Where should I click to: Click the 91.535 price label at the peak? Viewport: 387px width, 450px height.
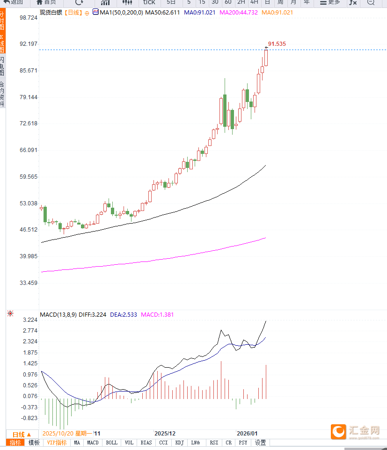(277, 44)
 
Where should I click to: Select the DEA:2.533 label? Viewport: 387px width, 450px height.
(124, 315)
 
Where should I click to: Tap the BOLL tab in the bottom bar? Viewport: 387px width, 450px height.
(112, 443)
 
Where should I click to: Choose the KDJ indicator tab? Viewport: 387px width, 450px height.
(179, 443)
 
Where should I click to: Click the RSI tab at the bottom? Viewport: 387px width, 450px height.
(214, 443)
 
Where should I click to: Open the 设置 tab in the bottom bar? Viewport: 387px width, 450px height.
(261, 443)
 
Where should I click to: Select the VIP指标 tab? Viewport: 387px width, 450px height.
(57, 443)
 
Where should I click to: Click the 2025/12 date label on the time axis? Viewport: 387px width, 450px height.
(165, 434)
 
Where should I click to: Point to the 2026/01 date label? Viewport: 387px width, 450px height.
(247, 434)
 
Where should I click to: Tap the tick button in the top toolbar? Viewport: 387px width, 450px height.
(149, 2)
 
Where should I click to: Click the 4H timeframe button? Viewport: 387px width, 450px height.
(254, 2)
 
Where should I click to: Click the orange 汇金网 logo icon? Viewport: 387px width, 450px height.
(338, 431)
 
